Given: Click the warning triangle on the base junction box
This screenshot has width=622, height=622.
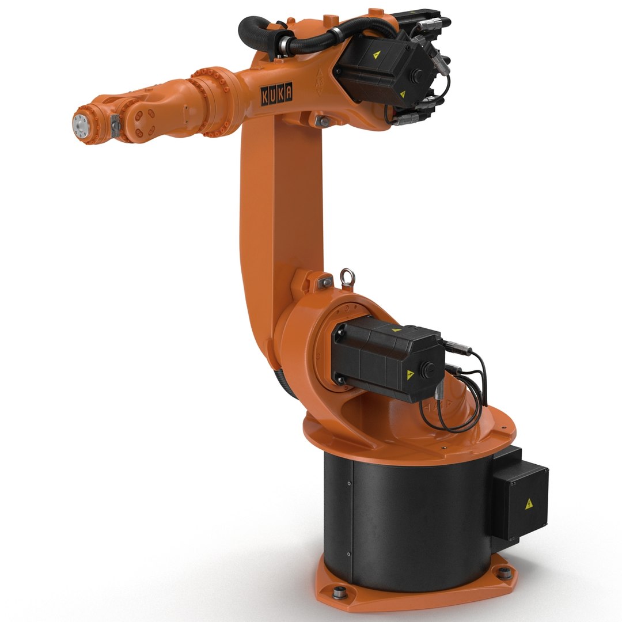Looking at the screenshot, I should [x=528, y=504].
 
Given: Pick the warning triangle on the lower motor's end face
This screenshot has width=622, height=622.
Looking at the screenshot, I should [x=411, y=375].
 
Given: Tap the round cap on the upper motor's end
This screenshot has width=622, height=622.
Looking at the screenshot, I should [x=416, y=75].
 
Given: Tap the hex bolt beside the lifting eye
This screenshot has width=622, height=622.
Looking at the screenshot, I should [x=325, y=282].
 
